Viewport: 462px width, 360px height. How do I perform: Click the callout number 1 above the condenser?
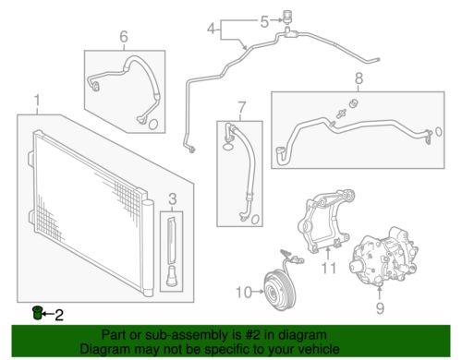coord(37,102)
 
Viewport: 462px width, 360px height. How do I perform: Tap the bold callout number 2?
coord(59,315)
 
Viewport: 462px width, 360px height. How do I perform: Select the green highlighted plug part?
coord(37,313)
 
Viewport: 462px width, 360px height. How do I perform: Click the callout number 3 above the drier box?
coord(173,199)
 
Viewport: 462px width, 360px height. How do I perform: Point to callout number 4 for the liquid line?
coord(212,30)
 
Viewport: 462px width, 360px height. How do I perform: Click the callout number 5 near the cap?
coord(264,21)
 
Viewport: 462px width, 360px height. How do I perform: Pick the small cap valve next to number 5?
coord(287,16)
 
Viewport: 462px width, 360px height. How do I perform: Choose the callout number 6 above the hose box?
coord(124,37)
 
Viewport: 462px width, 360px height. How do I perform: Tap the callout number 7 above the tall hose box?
coord(242,107)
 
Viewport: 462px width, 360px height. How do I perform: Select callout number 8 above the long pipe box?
coord(359,78)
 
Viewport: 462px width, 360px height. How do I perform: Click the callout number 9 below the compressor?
coord(380,307)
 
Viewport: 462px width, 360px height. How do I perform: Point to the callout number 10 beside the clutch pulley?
coord(244,292)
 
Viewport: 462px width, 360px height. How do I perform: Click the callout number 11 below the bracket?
coord(329,268)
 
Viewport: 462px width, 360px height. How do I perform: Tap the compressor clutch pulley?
coord(280,290)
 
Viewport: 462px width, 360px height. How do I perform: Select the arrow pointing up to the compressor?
coord(380,293)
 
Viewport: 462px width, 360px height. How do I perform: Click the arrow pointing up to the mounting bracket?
coord(328,253)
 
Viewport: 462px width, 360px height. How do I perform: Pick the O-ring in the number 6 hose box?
coord(153,124)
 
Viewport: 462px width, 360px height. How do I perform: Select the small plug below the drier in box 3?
coord(171,276)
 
